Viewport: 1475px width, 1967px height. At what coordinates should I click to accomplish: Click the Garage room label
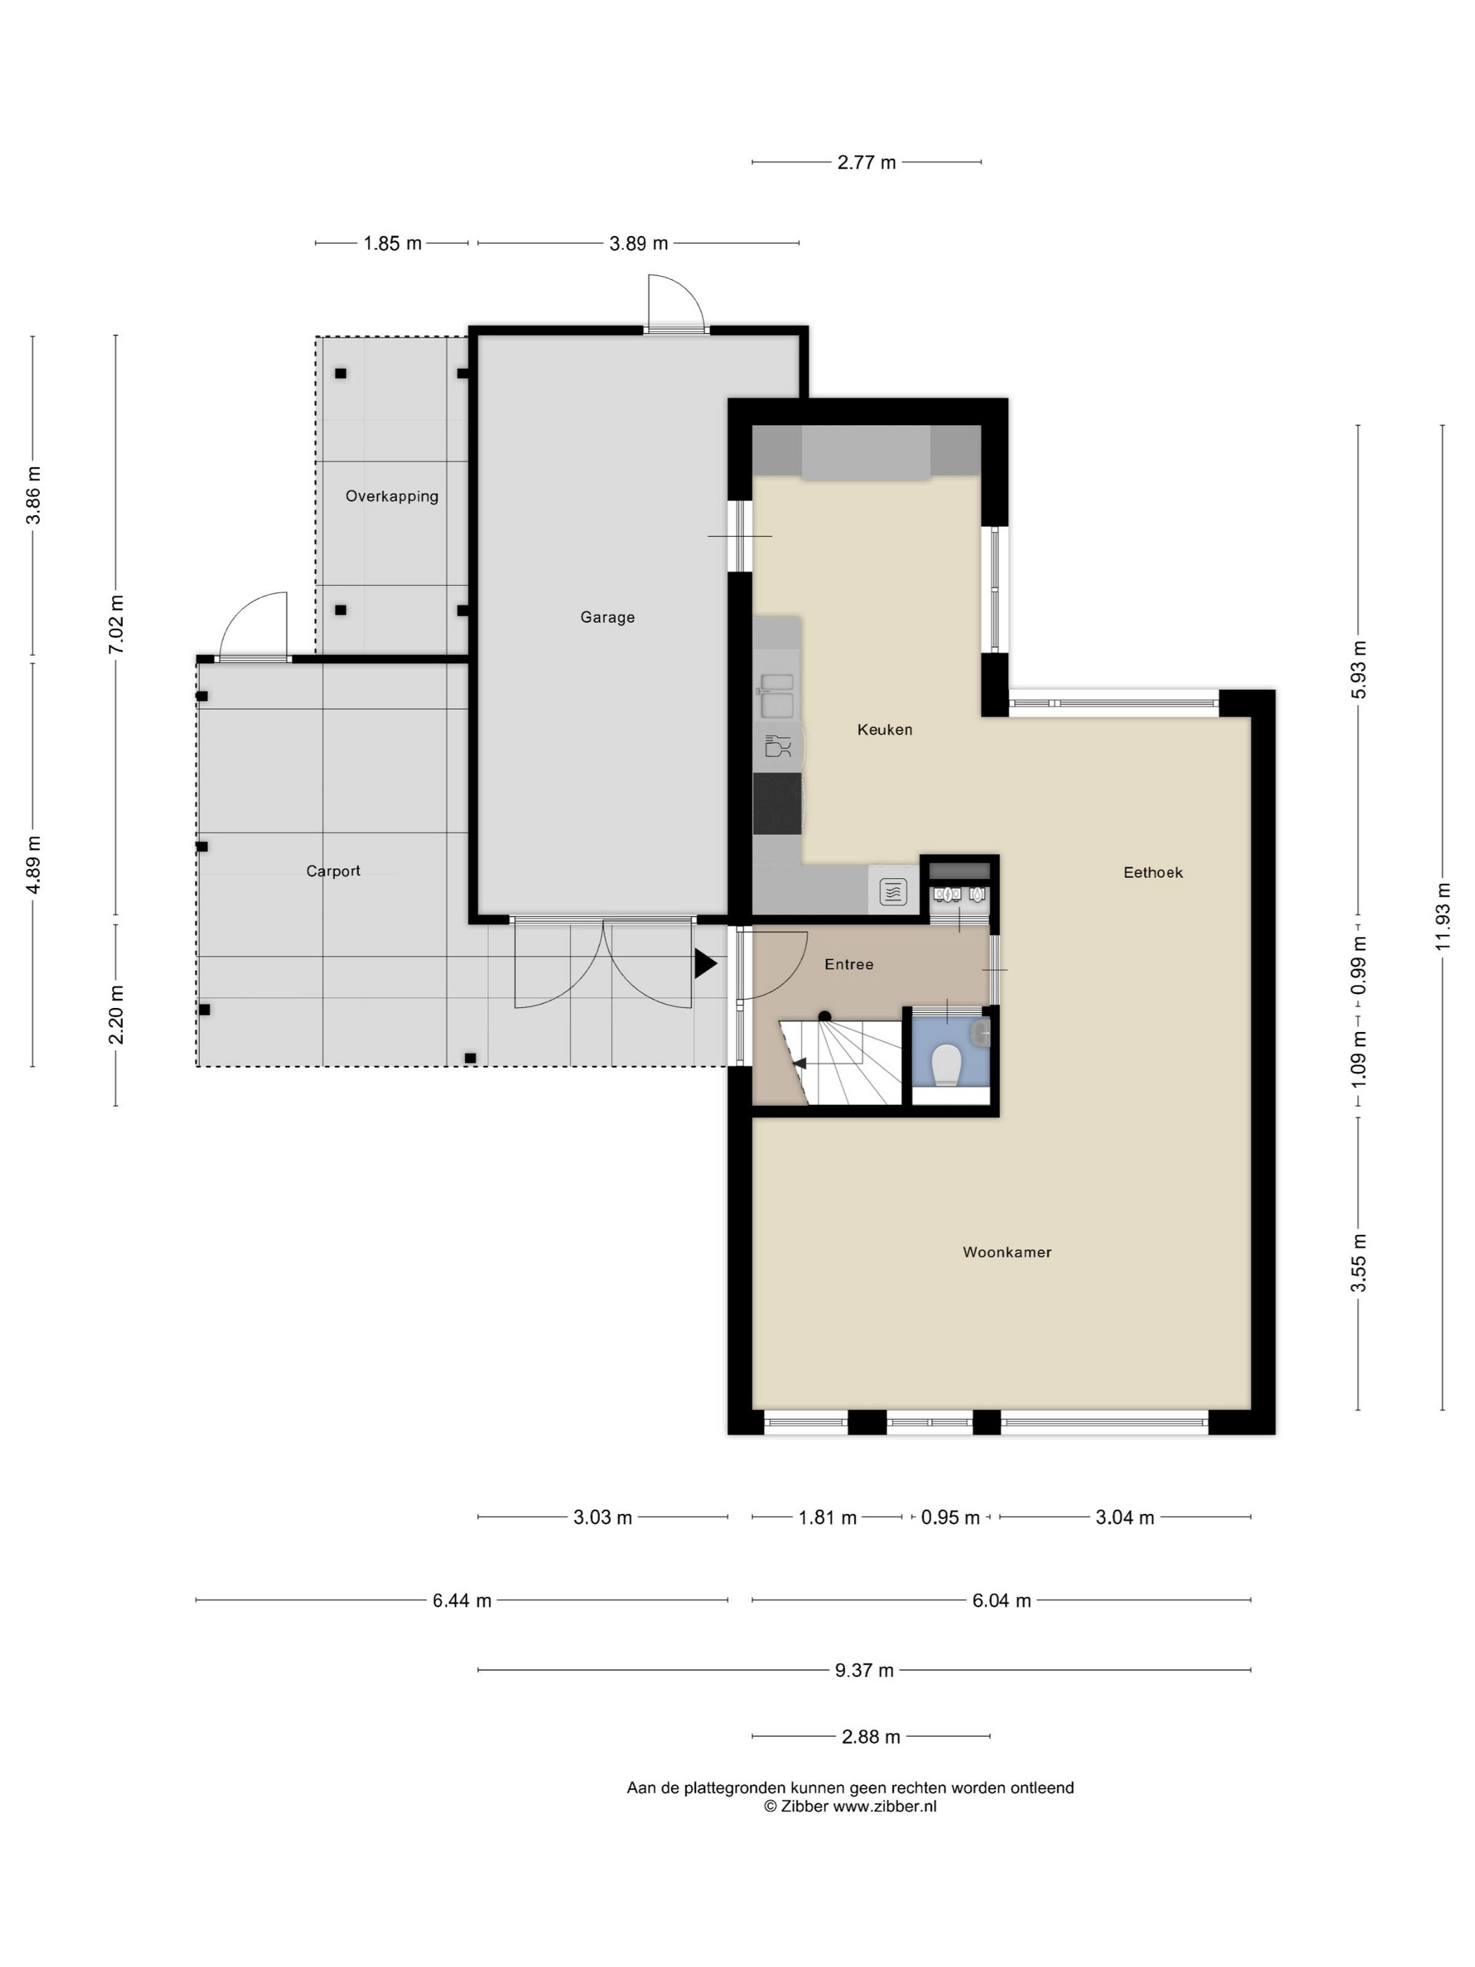click(608, 617)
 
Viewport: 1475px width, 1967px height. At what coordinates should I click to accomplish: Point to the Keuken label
click(884, 730)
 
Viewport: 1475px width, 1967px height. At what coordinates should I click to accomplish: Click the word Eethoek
click(1153, 873)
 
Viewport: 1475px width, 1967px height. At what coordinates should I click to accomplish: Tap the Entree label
click(849, 965)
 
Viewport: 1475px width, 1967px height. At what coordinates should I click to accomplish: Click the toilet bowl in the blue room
click(946, 1064)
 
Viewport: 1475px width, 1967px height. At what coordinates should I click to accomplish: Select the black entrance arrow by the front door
click(705, 964)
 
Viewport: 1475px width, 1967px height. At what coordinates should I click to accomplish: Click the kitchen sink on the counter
click(776, 696)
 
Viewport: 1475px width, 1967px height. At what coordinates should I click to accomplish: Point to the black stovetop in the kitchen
click(777, 804)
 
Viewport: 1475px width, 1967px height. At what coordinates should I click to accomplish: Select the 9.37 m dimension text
click(864, 1671)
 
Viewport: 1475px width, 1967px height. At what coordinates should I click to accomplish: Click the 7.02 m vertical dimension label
click(116, 625)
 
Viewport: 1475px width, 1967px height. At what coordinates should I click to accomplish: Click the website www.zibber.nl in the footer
click(884, 1806)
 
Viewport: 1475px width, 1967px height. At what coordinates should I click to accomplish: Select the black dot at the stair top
click(824, 1017)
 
